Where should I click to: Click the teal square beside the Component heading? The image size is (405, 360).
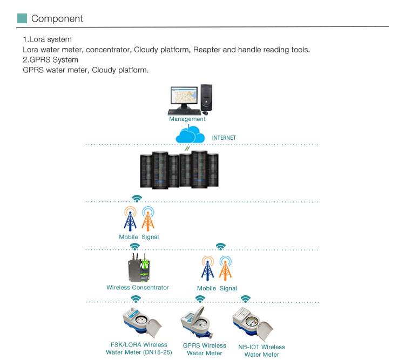pyautogui.click(x=22, y=18)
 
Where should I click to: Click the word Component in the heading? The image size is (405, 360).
pyautogui.click(x=57, y=18)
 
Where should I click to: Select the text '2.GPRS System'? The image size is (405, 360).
pyautogui.click(x=50, y=59)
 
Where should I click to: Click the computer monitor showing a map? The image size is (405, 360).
pyautogui.click(x=185, y=98)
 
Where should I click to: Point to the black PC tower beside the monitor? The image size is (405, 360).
pyautogui.click(x=207, y=96)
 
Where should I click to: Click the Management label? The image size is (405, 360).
pyautogui.click(x=187, y=119)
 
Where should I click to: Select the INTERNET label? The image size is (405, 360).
pyautogui.click(x=224, y=138)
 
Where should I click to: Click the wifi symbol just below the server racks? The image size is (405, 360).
pyautogui.click(x=137, y=198)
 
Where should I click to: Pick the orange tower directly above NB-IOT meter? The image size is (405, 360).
pyautogui.click(x=225, y=268)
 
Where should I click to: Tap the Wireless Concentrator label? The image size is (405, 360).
pyautogui.click(x=138, y=288)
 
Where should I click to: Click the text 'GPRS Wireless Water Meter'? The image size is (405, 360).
pyautogui.click(x=205, y=349)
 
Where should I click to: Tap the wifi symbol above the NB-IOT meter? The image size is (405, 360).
pyautogui.click(x=246, y=298)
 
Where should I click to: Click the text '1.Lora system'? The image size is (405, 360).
pyautogui.click(x=47, y=40)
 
